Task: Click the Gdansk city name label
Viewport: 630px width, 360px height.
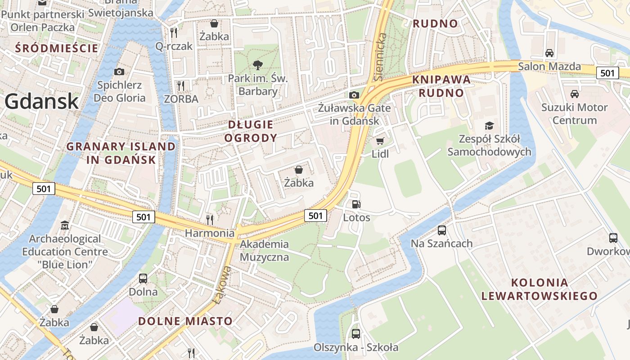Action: [x=41, y=102]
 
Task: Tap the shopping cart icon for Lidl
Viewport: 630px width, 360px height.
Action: [x=380, y=141]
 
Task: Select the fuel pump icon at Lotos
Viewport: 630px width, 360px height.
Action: [x=356, y=205]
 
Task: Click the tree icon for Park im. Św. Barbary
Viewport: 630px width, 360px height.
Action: [x=258, y=66]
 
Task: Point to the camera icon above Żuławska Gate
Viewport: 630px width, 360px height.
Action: [x=354, y=95]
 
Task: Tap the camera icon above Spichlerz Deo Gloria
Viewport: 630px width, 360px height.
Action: [x=119, y=72]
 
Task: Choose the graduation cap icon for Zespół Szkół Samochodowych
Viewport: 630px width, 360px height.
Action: [x=489, y=126]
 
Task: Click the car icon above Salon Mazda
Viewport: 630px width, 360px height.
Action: [x=549, y=53]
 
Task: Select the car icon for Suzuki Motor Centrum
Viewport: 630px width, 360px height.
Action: [x=574, y=94]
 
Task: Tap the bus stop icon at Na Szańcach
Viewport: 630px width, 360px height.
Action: [x=442, y=230]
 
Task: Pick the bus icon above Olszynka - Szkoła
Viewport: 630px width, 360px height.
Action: [x=356, y=334]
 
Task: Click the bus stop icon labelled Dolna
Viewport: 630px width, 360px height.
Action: [x=143, y=279]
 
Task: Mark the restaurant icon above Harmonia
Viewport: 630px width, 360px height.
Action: [x=209, y=220]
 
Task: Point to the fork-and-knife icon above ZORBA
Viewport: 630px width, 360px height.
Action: [x=181, y=85]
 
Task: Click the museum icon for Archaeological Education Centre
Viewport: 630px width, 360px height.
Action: [x=65, y=225]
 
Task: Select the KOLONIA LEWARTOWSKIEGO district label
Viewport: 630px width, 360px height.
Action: [x=539, y=289]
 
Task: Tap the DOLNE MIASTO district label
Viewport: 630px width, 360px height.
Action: [x=185, y=321]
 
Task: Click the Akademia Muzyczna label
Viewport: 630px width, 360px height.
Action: [x=264, y=251]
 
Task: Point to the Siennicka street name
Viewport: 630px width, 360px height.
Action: [x=380, y=56]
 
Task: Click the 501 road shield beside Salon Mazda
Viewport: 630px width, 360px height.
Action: [x=607, y=73]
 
